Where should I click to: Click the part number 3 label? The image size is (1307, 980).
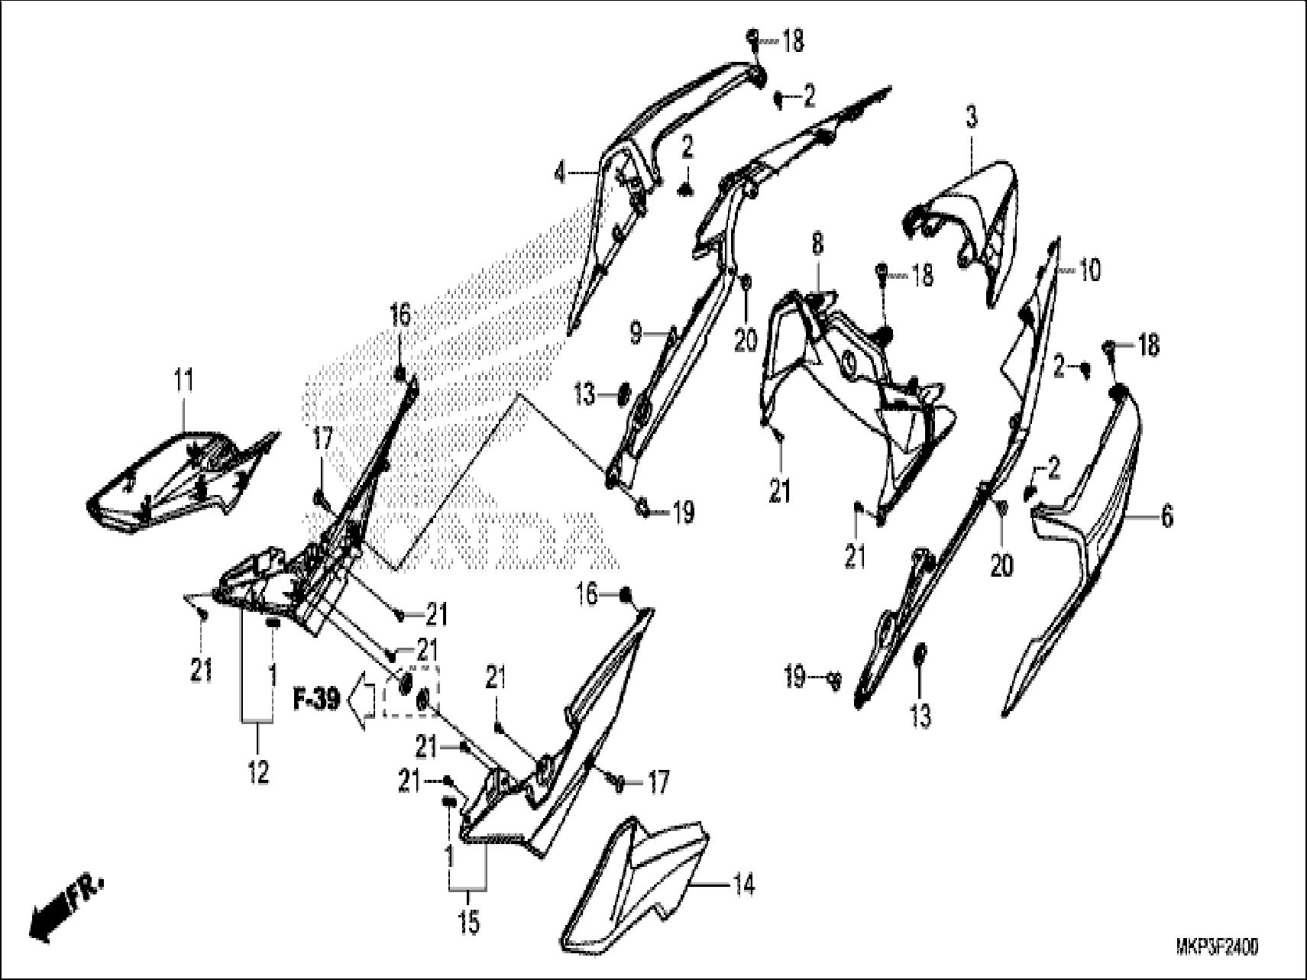tap(971, 118)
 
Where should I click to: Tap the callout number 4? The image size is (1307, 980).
tap(561, 173)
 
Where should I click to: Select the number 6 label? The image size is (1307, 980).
tap(1166, 517)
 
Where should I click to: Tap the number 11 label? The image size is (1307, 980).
tap(184, 380)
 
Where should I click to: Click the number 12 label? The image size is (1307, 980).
tap(259, 773)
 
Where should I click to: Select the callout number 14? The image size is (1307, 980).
tap(744, 886)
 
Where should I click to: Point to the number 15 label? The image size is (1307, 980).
tap(469, 923)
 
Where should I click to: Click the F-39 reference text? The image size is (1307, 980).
tap(317, 700)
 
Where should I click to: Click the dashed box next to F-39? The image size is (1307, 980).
tap(411, 691)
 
